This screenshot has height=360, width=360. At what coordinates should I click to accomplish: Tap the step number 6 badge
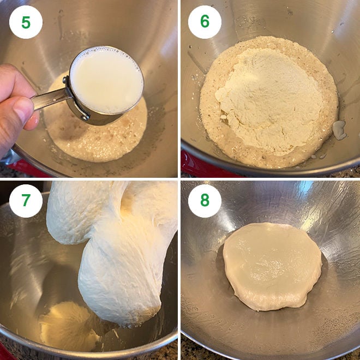205,22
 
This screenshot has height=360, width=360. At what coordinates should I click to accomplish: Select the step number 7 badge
26,201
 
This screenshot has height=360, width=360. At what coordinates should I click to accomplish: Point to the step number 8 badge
205,201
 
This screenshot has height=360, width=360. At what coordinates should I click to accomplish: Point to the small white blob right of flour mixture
340,130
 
